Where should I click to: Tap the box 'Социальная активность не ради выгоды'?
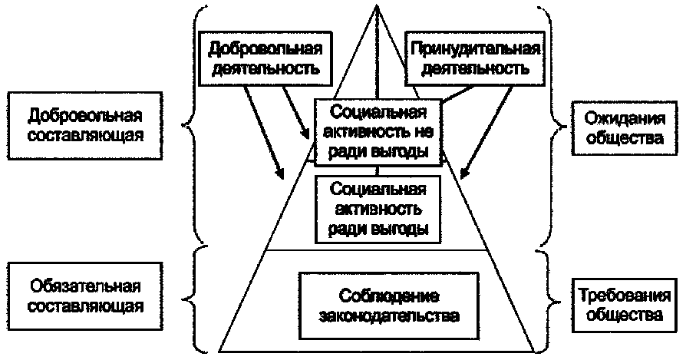pos(379,130)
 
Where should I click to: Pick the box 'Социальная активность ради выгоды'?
pos(376,207)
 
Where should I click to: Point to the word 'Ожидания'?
pos(618,120)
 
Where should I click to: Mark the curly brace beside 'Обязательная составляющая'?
pos(193,296)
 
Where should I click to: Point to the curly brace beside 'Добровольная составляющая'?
pos(193,123)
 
